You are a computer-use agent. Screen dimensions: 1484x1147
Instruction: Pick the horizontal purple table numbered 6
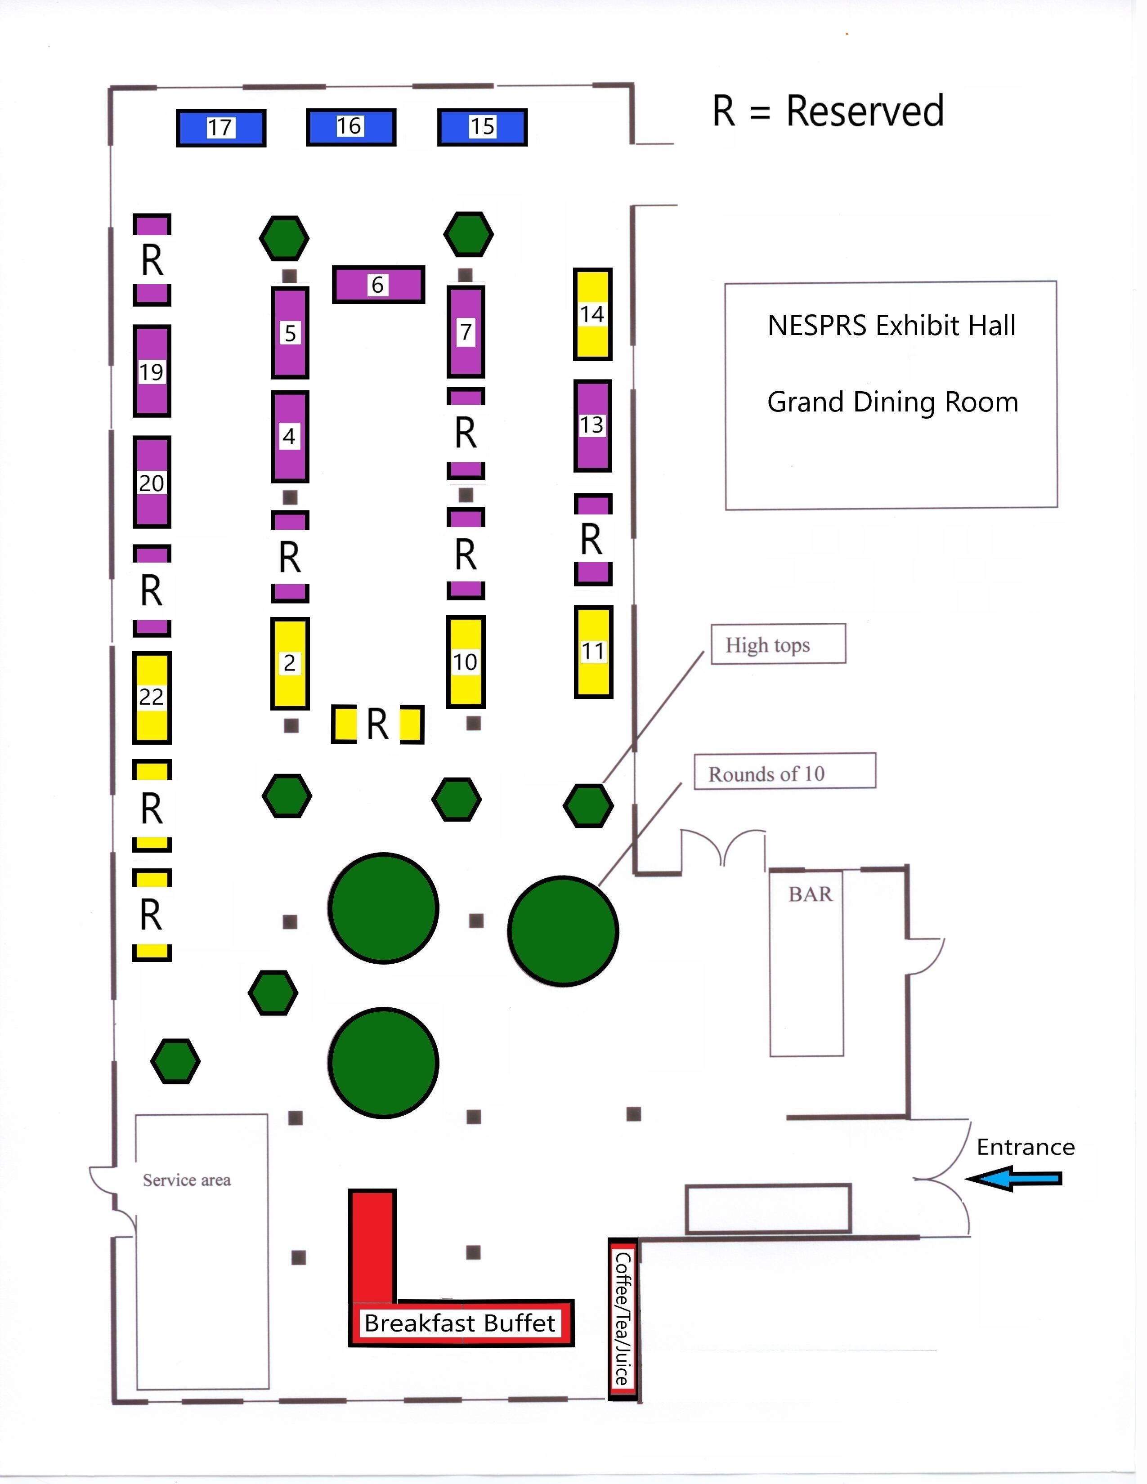378,284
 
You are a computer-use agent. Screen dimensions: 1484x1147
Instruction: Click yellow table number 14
592,314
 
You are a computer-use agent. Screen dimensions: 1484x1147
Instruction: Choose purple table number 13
592,425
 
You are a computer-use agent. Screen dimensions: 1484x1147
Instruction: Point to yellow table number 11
593,652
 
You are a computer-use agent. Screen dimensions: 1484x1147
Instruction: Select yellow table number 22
152,697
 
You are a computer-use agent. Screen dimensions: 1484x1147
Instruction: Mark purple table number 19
152,371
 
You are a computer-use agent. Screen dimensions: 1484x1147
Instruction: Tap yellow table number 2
290,662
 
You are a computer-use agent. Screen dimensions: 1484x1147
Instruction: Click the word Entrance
1026,1148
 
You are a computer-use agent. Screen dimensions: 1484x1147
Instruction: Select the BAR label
810,894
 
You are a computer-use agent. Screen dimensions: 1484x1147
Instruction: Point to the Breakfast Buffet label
460,1323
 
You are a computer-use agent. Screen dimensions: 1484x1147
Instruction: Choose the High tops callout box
778,644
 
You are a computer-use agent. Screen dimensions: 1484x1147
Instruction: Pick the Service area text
187,1180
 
